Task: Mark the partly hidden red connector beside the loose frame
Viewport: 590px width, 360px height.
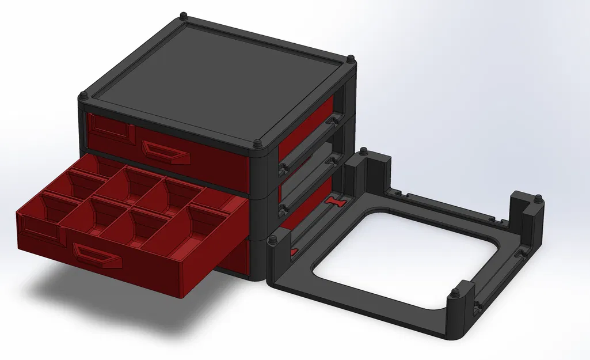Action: [292, 251]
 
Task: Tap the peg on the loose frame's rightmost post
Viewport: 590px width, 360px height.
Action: [537, 199]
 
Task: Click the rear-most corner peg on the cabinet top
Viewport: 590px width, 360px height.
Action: [183, 14]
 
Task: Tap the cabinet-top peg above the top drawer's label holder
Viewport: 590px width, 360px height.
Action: [84, 94]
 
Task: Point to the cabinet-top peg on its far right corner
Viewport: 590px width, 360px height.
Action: [351, 58]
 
